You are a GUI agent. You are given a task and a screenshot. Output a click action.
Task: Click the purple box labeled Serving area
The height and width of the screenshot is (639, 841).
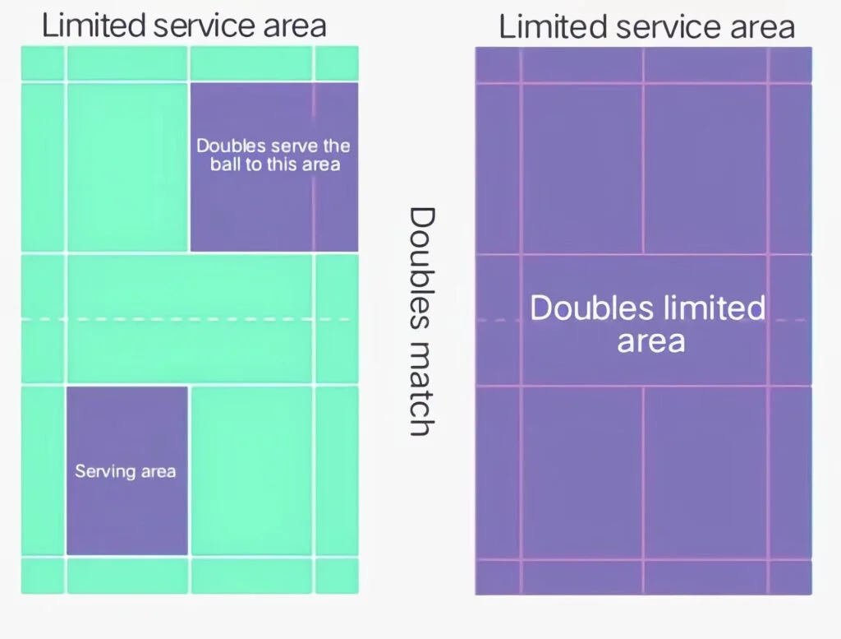pos(127,471)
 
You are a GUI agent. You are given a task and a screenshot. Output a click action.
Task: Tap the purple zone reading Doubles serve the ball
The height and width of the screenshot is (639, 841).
pos(274,167)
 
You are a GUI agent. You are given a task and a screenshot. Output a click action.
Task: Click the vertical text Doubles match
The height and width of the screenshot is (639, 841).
pos(421,321)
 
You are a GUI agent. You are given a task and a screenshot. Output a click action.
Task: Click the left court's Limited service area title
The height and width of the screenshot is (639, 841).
pos(184,25)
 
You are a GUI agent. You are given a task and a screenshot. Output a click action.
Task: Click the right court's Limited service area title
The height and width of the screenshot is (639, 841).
pos(647,27)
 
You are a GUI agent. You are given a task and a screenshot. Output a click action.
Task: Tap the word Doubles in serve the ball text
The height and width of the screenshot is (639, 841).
pos(231,146)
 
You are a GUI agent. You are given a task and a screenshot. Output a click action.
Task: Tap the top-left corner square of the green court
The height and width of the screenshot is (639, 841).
pos(43,63)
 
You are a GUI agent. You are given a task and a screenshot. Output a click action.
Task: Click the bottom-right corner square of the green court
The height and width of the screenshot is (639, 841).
pos(337,576)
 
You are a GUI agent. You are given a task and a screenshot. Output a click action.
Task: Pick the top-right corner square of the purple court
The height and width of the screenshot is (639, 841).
pos(791,64)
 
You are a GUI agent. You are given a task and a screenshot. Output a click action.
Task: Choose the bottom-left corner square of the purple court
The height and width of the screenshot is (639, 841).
pos(497,578)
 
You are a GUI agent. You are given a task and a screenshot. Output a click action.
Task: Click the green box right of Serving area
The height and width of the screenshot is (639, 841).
pos(251,471)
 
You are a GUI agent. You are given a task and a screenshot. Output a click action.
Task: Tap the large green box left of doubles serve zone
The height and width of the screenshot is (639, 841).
pos(127,167)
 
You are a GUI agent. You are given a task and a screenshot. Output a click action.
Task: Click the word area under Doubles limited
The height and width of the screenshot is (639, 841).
pos(651,342)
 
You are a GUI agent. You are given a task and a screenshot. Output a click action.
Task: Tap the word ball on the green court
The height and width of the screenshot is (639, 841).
pos(225,164)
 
